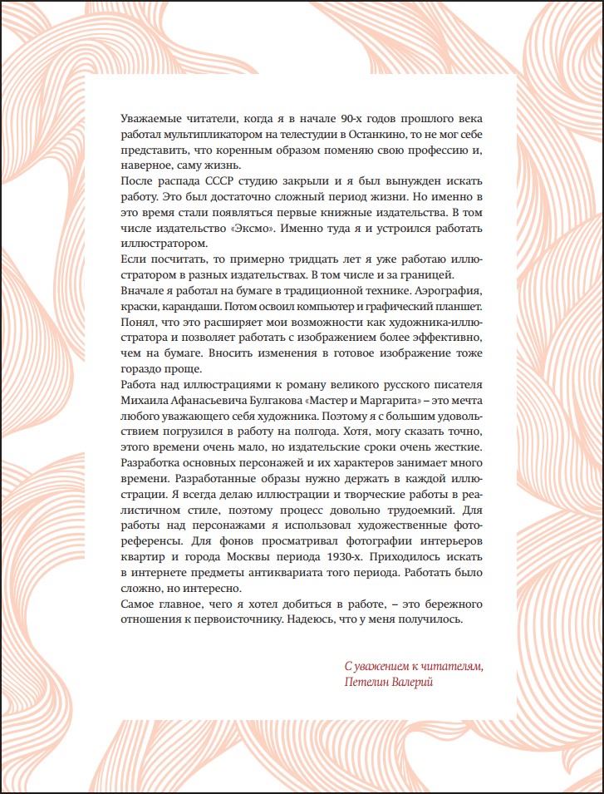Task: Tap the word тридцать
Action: point(303,259)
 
